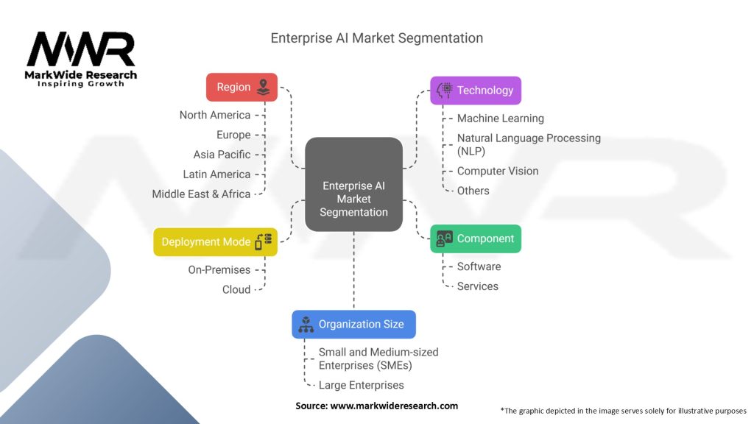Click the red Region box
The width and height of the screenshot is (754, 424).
(242, 87)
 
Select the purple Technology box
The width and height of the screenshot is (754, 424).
(475, 91)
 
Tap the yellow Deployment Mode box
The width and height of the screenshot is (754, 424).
(215, 242)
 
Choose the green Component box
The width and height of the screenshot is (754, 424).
(475, 239)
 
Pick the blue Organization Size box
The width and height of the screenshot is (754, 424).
(353, 324)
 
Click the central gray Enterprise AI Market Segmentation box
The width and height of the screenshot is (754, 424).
(353, 185)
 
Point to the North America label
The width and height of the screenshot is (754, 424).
(215, 115)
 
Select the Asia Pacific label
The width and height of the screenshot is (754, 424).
(222, 155)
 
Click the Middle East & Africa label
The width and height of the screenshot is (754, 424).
(201, 194)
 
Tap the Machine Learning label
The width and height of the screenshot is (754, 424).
(501, 119)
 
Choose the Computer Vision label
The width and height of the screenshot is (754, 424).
(498, 171)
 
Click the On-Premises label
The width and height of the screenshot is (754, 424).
(219, 270)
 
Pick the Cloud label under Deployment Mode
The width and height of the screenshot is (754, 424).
(236, 289)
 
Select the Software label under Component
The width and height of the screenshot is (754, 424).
(479, 266)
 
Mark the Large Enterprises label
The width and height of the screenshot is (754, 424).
(362, 385)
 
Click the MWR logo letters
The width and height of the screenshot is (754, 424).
(81, 50)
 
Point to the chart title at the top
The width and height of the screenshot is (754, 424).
(377, 38)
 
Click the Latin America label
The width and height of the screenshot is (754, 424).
(216, 174)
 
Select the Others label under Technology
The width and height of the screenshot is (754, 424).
(473, 191)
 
